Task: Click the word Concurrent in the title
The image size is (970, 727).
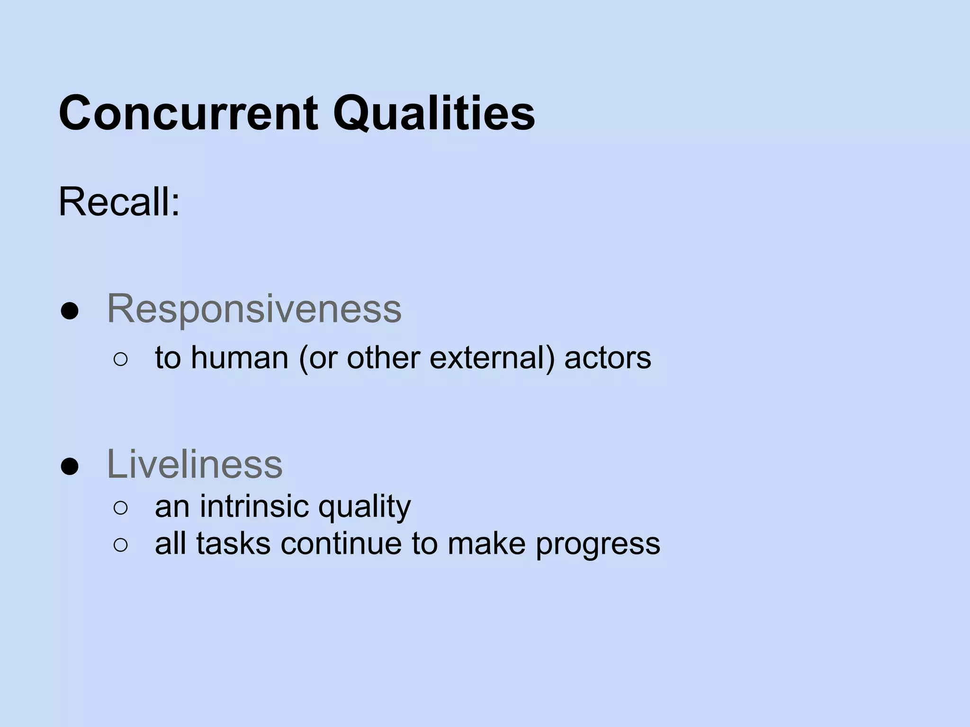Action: [x=188, y=114]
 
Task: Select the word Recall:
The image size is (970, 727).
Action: [x=119, y=202]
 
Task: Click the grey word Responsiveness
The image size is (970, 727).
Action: [x=254, y=309]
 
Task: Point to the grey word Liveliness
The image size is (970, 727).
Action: [x=195, y=464]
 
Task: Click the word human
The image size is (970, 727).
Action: [x=240, y=357]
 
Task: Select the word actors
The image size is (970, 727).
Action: [x=608, y=357]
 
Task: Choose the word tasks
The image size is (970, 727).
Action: [x=233, y=543]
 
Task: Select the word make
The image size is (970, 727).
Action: [x=486, y=543]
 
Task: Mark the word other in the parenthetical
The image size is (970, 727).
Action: [x=383, y=357]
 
